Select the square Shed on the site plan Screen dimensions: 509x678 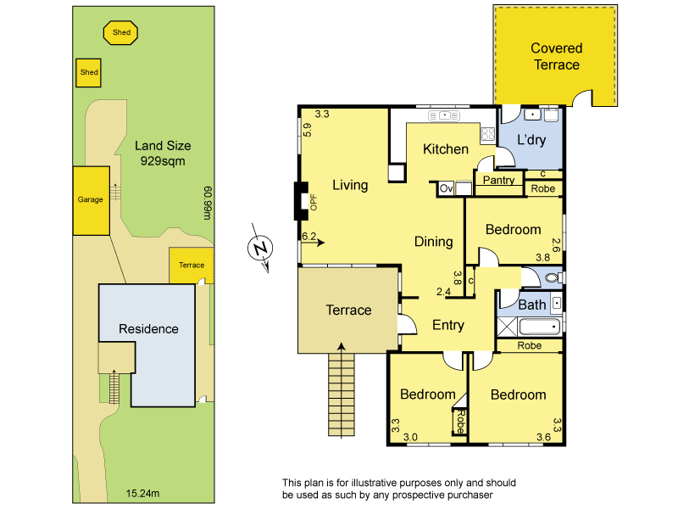pyautogui.click(x=89, y=73)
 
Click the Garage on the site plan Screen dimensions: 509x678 pyautogui.click(x=91, y=200)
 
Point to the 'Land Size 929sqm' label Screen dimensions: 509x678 pyautogui.click(x=162, y=153)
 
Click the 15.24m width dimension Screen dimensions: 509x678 pyautogui.click(x=142, y=492)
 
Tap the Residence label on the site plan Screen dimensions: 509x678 pyautogui.click(x=148, y=329)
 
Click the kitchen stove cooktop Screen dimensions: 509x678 pyautogui.click(x=488, y=133)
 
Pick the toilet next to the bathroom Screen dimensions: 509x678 pyautogui.click(x=553, y=277)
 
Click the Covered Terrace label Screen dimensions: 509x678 pyautogui.click(x=556, y=57)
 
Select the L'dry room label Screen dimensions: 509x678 pyautogui.click(x=531, y=140)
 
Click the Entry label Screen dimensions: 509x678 pyautogui.click(x=448, y=325)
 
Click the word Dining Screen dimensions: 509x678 pyautogui.click(x=433, y=242)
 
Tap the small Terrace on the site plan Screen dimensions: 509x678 pyautogui.click(x=192, y=266)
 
